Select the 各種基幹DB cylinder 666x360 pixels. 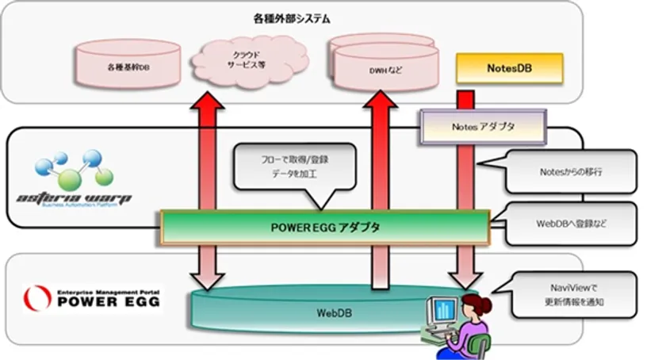[x=126, y=68]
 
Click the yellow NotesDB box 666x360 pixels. [x=509, y=68]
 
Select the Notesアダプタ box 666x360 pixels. [x=483, y=125]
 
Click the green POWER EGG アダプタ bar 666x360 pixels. [x=325, y=228]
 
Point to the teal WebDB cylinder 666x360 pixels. [x=317, y=312]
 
